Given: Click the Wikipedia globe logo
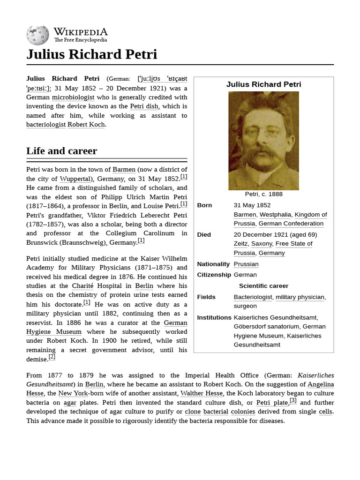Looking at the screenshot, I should pyautogui.click(x=37, y=36).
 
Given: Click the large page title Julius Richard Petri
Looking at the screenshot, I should pyautogui.click(x=91, y=54).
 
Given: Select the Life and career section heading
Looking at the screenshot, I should pyautogui.click(x=61, y=151).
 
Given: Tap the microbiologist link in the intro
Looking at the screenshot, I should pyautogui.click(x=73, y=97).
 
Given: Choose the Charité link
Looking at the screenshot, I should pyautogui.click(x=82, y=286).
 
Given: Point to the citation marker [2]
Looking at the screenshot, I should pyautogui.click(x=52, y=357).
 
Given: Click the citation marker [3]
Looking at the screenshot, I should pyautogui.click(x=293, y=400).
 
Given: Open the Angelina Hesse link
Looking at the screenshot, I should pyautogui.click(x=321, y=384).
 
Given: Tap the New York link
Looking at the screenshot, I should pyautogui.click(x=73, y=393).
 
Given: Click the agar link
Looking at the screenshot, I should pyautogui.click(x=70, y=403).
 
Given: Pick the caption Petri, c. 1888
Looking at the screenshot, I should pyautogui.click(x=263, y=194).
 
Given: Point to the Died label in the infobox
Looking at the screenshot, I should pyautogui.click(x=204, y=234).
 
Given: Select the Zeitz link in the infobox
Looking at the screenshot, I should pyautogui.click(x=240, y=244).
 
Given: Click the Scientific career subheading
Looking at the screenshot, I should pyautogui.click(x=263, y=286).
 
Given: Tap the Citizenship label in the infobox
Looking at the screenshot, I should pyautogui.click(x=214, y=275).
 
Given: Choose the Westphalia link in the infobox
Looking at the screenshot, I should pyautogui.click(x=275, y=215).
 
